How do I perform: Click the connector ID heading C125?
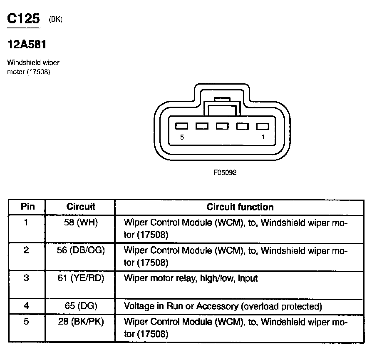23,19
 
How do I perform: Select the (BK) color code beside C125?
56,19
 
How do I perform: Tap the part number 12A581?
27,44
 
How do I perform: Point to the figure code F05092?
225,172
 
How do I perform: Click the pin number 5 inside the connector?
182,137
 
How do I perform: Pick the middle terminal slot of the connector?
222,126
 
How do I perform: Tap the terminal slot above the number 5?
182,126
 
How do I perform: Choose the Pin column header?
27,207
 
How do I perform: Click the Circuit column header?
81,207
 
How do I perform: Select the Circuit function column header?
240,207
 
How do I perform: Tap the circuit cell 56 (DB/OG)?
81,250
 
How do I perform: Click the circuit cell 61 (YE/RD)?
81,278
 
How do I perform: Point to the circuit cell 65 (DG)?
81,306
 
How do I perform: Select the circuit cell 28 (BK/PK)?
81,322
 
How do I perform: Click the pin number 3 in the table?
27,278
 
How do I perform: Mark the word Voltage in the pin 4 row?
138,306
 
